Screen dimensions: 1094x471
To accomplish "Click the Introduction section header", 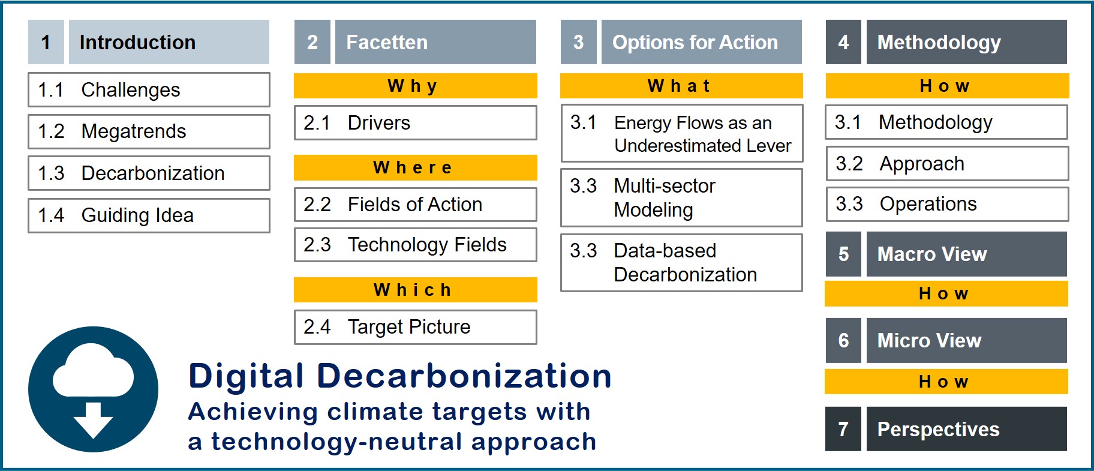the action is pyautogui.click(x=169, y=42).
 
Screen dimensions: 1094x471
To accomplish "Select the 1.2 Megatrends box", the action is pyautogui.click(x=149, y=131).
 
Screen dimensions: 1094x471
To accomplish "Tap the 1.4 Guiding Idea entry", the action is pyautogui.click(x=149, y=215).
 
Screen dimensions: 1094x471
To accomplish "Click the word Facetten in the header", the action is pyautogui.click(x=387, y=42).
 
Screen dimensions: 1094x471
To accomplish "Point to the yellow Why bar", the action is pyautogui.click(x=415, y=86).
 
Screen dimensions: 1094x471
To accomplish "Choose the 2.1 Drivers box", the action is pyautogui.click(x=415, y=123).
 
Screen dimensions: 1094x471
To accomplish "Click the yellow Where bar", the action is pyautogui.click(x=415, y=167).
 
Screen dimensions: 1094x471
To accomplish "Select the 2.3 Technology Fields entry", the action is pyautogui.click(x=415, y=245).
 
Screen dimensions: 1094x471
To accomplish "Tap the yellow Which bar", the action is pyautogui.click(x=415, y=290).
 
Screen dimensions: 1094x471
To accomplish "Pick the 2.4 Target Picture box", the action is pyautogui.click(x=415, y=327).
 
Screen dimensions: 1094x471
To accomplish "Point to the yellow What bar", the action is pyautogui.click(x=681, y=86).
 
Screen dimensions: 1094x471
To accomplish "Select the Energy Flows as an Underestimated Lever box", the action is pyautogui.click(x=681, y=133).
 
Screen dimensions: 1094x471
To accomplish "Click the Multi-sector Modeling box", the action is pyautogui.click(x=681, y=197).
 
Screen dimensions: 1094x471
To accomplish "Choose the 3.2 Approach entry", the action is pyautogui.click(x=947, y=163).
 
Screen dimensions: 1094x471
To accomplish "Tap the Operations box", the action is pyautogui.click(x=947, y=204).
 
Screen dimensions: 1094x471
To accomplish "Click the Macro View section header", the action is pyautogui.click(x=966, y=254).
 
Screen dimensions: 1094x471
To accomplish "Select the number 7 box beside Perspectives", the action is pyautogui.click(x=843, y=429).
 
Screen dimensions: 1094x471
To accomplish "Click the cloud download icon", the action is pyautogui.click(x=94, y=389).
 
